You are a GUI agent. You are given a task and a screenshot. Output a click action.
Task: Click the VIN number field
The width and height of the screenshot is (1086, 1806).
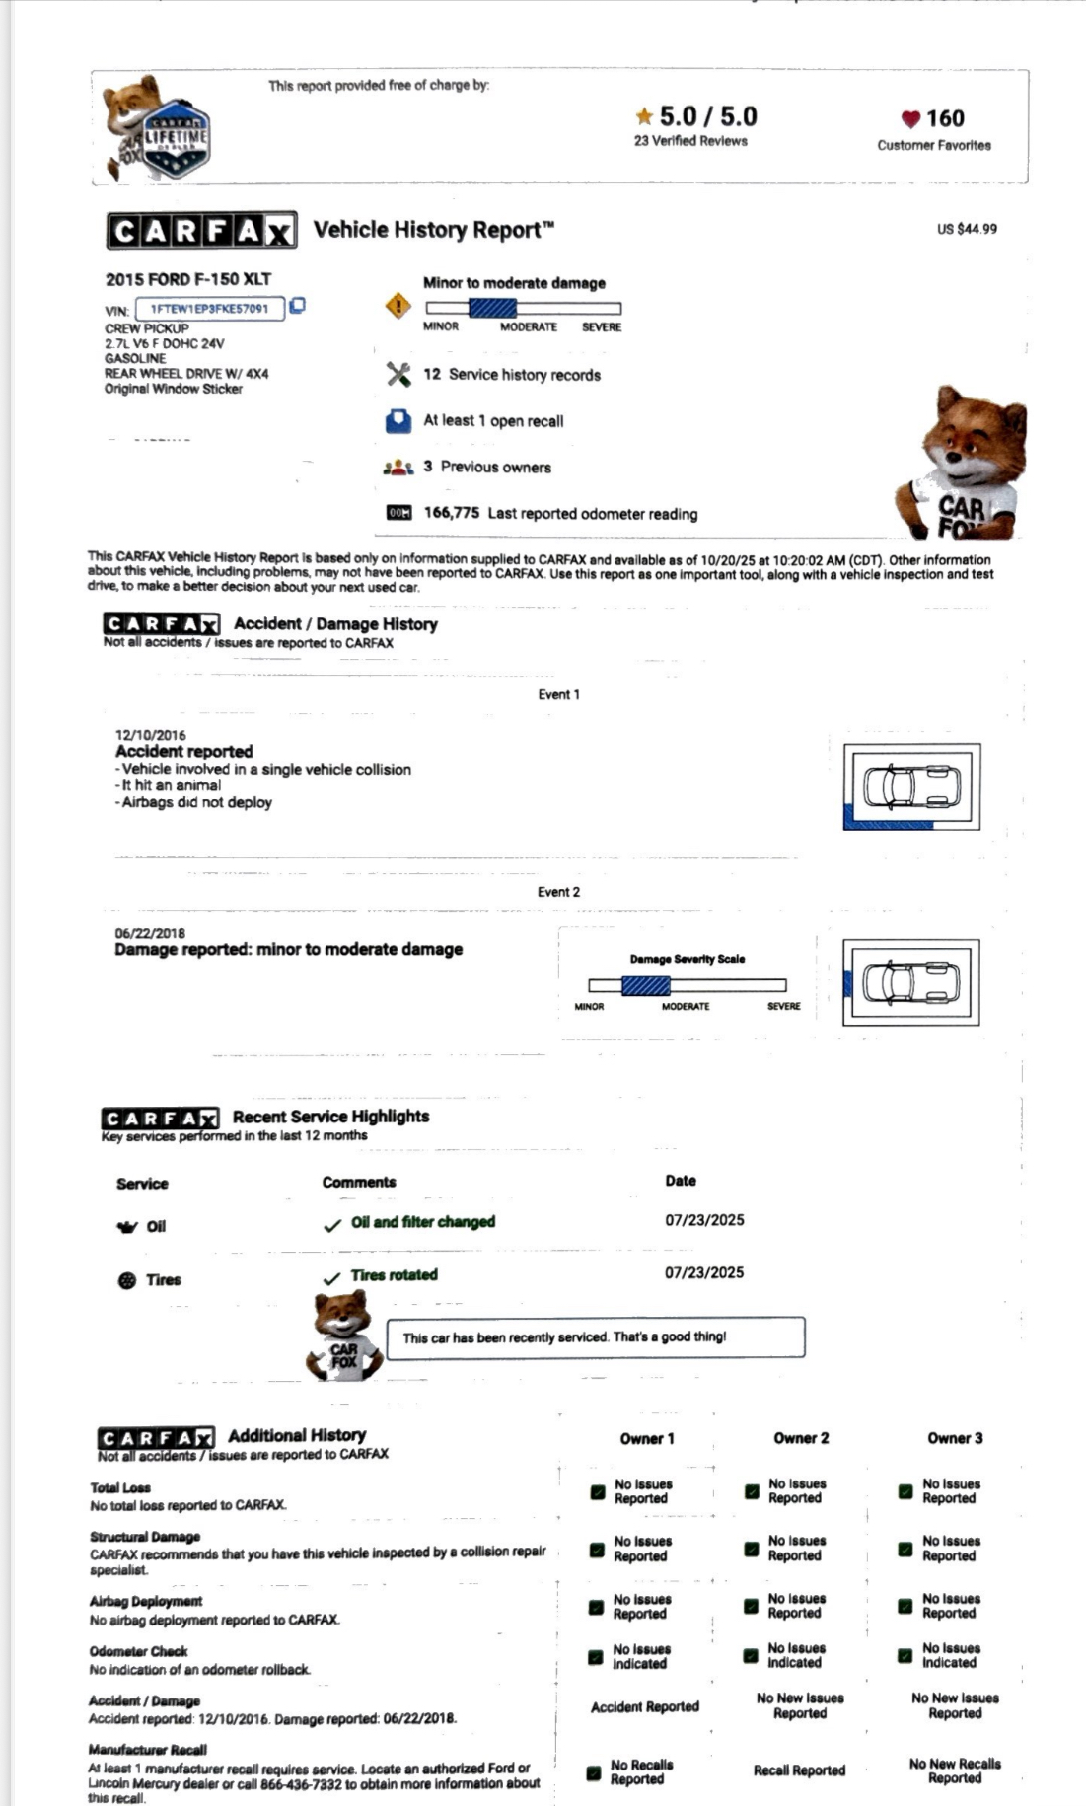click(x=209, y=309)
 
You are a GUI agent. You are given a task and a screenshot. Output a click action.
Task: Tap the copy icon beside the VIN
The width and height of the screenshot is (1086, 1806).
click(x=297, y=306)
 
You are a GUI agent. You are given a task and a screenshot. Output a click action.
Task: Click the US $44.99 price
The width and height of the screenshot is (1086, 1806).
click(x=967, y=229)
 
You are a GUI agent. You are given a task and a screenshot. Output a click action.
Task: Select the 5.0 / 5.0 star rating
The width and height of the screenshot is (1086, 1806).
click(x=696, y=116)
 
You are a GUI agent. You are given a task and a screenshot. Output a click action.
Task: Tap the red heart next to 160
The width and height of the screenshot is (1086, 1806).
click(x=910, y=119)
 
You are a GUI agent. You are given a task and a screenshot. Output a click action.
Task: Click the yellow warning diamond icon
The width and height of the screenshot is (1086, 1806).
click(x=398, y=306)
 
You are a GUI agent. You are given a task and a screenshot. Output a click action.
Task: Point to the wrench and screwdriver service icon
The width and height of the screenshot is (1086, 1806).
click(x=398, y=375)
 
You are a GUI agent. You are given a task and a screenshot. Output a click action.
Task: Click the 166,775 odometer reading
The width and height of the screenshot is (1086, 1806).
click(x=452, y=513)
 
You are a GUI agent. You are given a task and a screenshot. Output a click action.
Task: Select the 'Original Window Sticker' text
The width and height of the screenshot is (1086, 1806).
click(x=174, y=389)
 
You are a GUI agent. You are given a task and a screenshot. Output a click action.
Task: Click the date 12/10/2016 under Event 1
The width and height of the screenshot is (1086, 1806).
click(x=150, y=735)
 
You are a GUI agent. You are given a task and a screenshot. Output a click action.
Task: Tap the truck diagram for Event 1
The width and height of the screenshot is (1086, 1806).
click(x=911, y=786)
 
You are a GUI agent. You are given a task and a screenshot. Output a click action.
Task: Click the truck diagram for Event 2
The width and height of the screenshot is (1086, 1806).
click(x=911, y=981)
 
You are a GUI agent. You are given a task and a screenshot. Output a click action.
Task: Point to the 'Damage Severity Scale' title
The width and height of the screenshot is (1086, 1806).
click(x=688, y=959)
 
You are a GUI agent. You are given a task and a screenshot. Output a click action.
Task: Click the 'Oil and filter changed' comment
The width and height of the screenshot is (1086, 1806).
click(x=423, y=1222)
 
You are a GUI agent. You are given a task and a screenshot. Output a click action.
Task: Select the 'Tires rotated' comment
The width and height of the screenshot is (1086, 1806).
click(x=394, y=1275)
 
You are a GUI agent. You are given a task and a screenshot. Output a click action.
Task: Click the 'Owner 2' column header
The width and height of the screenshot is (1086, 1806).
click(x=801, y=1438)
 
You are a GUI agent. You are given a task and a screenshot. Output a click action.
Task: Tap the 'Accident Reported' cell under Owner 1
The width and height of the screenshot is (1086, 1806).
click(x=645, y=1707)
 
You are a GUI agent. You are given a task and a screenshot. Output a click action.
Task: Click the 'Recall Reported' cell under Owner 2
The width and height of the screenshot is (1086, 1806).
click(x=799, y=1770)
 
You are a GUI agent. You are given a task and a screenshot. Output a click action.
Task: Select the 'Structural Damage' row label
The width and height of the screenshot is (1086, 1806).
click(x=145, y=1537)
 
